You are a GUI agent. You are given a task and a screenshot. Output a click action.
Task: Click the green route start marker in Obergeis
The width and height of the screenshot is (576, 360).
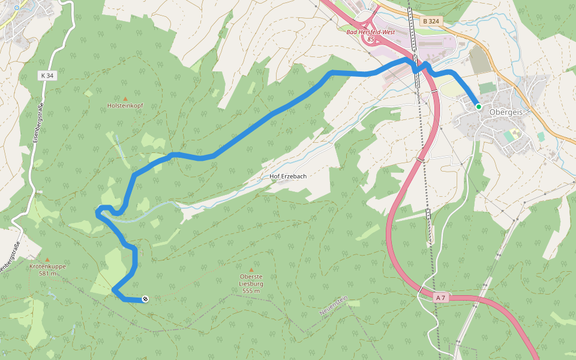[478, 106]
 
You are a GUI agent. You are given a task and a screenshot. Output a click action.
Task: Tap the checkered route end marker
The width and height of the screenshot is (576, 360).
[145, 299]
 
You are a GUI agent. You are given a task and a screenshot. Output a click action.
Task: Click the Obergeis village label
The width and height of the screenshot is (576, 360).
[505, 112]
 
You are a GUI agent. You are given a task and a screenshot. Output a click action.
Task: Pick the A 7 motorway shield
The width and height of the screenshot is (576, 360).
[440, 298]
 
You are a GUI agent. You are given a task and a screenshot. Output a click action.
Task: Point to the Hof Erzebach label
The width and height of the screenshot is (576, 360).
[289, 177]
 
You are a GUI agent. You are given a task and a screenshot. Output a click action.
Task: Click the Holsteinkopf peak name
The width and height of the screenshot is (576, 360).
[125, 106]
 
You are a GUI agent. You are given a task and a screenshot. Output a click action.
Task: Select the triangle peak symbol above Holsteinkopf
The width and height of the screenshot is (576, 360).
[125, 98]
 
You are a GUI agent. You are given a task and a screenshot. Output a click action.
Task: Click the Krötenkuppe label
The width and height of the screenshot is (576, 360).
[47, 266]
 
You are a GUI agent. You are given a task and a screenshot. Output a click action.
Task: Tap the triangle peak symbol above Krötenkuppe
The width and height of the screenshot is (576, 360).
[47, 259]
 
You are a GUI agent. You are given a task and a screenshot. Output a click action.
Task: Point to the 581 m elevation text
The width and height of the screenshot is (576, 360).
[47, 274]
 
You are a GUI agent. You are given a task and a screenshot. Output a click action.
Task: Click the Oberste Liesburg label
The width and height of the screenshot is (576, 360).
[251, 280]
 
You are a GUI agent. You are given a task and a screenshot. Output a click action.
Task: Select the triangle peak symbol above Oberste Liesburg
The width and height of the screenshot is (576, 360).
[251, 270]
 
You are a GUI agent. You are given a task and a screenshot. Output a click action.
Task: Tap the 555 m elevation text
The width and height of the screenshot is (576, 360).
[251, 291]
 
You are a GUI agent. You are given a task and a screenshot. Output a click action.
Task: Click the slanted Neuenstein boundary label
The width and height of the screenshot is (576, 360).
[334, 306]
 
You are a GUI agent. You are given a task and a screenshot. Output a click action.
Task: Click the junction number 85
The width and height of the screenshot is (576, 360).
[370, 40]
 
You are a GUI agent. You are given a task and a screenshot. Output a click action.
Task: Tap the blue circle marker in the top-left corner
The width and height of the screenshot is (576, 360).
[17, 8]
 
